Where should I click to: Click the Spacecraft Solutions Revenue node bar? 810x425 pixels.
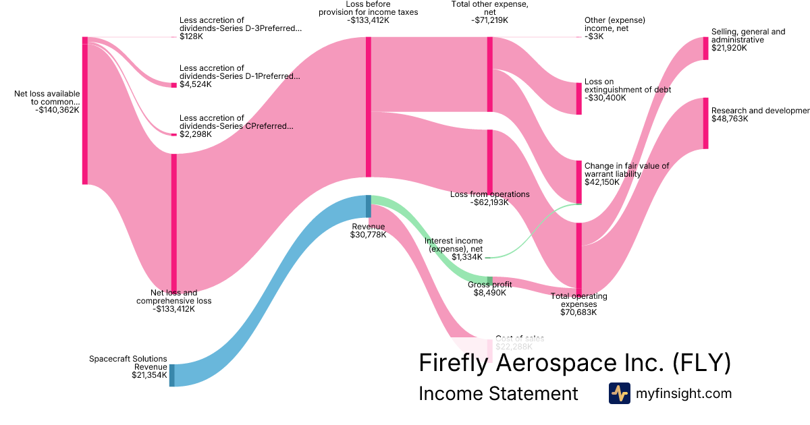point(171,375)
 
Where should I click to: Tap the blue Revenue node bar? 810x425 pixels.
point(369,206)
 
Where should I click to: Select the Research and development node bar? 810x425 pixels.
point(705,123)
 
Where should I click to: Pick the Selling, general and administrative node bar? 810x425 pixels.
point(705,48)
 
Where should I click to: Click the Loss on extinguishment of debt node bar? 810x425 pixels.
point(578,98)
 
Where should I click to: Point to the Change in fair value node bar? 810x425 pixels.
point(578,181)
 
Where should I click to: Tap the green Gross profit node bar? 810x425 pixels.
point(490,280)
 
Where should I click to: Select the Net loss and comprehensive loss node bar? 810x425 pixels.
point(173,223)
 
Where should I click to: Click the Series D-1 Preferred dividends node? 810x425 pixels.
point(173,85)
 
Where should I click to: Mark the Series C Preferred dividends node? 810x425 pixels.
point(173,134)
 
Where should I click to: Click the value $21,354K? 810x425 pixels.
point(149,375)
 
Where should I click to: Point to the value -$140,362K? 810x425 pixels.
point(57,110)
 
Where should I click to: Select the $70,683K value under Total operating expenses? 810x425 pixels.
point(578,312)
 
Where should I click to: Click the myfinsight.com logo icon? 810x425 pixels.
point(619,393)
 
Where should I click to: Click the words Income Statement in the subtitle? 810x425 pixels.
point(498,393)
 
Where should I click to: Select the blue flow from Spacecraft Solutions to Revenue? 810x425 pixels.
point(270,290)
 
